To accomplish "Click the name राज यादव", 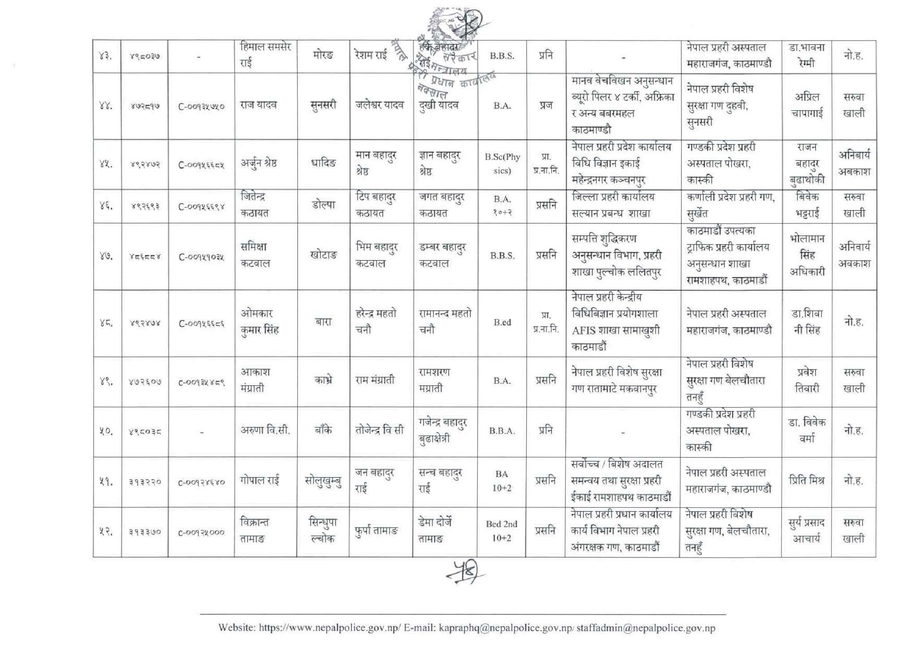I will click(x=259, y=105).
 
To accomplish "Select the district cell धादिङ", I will click(x=323, y=163).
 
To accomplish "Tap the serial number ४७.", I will click(x=106, y=256).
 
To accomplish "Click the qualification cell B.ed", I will click(x=502, y=322).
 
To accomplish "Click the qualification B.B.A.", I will click(x=502, y=431).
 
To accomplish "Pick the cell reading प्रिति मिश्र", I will click(x=807, y=481).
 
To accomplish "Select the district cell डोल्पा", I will click(x=323, y=206).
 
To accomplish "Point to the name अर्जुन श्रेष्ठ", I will click(x=259, y=163).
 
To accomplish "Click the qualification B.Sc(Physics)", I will click(x=502, y=164).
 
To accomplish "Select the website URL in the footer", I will click(x=329, y=628).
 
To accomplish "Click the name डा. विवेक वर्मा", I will click(x=807, y=431).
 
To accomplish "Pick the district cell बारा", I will click(x=323, y=322).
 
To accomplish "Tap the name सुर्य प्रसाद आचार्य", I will click(x=807, y=531).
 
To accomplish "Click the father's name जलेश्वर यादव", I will click(x=380, y=105).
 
